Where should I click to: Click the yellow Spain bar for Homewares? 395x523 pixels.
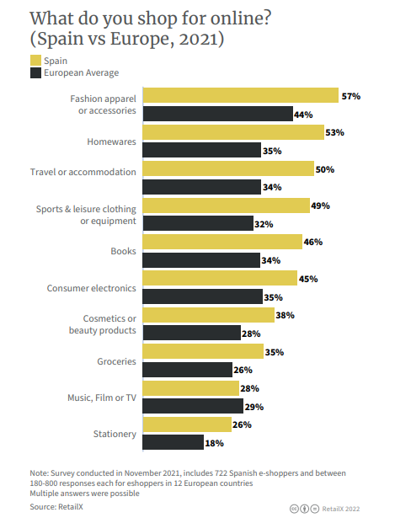pyautogui.click(x=233, y=132)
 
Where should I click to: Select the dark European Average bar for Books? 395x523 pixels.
pyautogui.click(x=201, y=260)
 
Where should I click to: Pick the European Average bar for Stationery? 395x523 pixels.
pyautogui.click(x=173, y=442)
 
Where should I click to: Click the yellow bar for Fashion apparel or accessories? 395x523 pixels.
pyautogui.click(x=241, y=95)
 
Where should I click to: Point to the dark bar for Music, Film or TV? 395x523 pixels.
pyautogui.click(x=191, y=406)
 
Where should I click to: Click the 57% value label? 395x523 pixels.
pyautogui.click(x=351, y=96)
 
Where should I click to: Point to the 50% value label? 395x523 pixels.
pyautogui.click(x=324, y=169)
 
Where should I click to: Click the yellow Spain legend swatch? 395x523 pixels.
pyautogui.click(x=36, y=60)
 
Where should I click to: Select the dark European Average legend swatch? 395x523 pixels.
pyautogui.click(x=36, y=73)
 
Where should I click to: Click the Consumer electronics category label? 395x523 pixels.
pyautogui.click(x=92, y=288)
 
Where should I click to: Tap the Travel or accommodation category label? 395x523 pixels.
pyautogui.click(x=83, y=172)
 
